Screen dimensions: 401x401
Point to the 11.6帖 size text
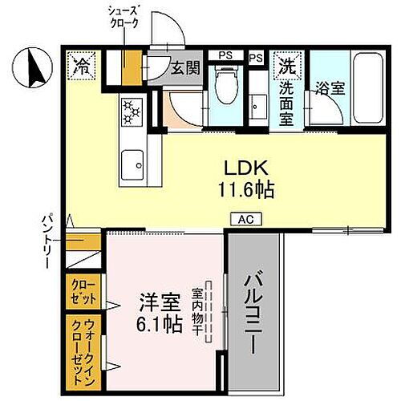(245, 190)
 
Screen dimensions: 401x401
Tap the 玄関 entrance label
(184, 68)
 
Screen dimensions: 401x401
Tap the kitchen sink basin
(131, 168)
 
